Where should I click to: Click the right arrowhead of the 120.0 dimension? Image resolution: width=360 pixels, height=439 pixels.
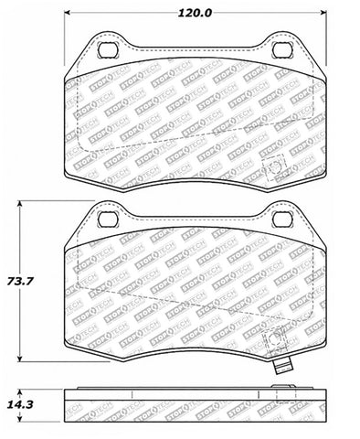(x=324, y=13)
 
